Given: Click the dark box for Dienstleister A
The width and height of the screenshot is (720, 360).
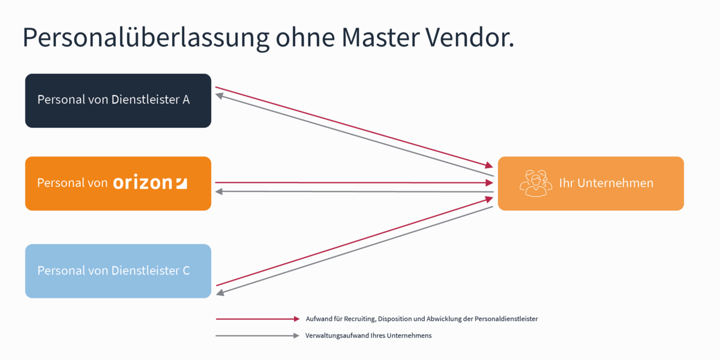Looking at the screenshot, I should coord(118,100).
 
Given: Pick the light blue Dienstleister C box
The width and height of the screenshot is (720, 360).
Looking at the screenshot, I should coord(118,271).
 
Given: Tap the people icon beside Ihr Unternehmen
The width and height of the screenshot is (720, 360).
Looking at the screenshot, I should coord(535,183).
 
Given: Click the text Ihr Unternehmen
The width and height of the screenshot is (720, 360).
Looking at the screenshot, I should coord(606,183).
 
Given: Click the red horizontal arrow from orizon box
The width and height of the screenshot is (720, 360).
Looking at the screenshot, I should coord(354,182).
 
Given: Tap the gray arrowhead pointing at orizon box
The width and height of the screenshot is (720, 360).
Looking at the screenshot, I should coord(219,191).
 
